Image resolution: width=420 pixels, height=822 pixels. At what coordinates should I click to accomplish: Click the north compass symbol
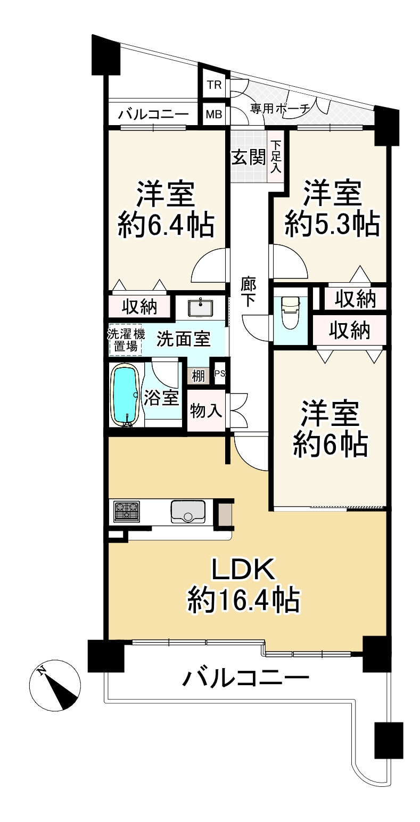[x=55, y=687]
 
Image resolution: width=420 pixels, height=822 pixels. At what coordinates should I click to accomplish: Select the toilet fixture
[x=291, y=314]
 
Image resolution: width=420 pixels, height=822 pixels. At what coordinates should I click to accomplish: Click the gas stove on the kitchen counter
[x=126, y=511]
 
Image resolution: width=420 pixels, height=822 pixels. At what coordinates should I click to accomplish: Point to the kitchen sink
[x=188, y=512]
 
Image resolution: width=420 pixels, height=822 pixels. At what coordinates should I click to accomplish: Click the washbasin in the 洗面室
[x=201, y=307]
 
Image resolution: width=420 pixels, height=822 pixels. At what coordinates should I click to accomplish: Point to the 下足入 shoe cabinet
[x=276, y=157]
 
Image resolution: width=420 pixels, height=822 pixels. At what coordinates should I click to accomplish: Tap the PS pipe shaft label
[x=219, y=373]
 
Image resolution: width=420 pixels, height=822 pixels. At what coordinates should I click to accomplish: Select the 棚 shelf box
[x=198, y=375]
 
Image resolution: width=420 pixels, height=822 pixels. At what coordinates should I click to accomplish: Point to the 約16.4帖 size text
[x=243, y=602]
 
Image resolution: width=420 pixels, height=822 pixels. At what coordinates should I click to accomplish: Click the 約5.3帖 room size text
[x=332, y=224]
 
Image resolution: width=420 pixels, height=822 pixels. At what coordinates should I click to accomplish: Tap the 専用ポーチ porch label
[x=280, y=109]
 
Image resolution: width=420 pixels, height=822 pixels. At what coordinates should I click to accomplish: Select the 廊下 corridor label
[x=248, y=292]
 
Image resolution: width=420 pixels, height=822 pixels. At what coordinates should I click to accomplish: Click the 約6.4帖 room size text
[x=166, y=225]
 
